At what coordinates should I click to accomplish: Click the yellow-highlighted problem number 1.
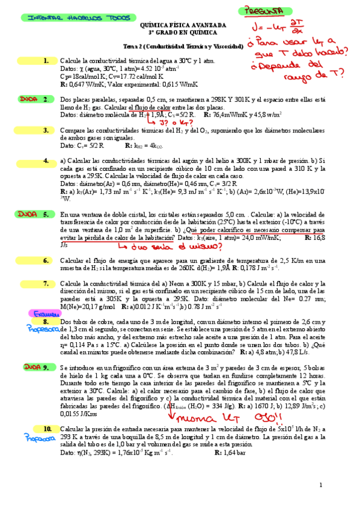coord(46,61)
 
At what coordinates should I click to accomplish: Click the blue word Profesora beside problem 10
coord(37,438)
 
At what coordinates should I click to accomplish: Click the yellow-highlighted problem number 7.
coord(46,283)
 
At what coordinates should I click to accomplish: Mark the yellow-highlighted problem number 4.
coord(46,161)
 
